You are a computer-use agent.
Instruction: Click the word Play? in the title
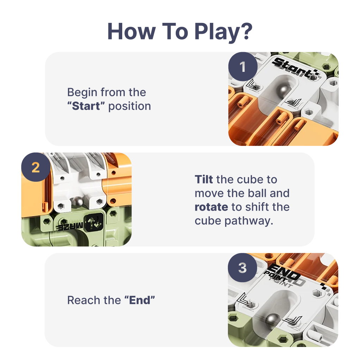pos(223,32)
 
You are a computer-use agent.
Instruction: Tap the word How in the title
pos(131,31)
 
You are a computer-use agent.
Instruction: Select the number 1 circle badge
pos(243,67)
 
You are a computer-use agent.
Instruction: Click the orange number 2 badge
pos(36,167)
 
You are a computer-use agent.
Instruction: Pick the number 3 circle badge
pos(242,268)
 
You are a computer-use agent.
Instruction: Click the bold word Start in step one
pos(86,106)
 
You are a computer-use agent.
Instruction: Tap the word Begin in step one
pos(82,93)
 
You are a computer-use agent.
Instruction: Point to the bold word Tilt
pos(204,179)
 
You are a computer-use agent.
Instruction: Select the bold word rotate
pos(211,207)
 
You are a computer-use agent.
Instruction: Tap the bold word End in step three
pos(139,300)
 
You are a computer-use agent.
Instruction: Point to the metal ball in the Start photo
pos(282,92)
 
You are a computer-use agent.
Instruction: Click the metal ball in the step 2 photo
pos(78,202)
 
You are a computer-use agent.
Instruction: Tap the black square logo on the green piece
pos(94,222)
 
